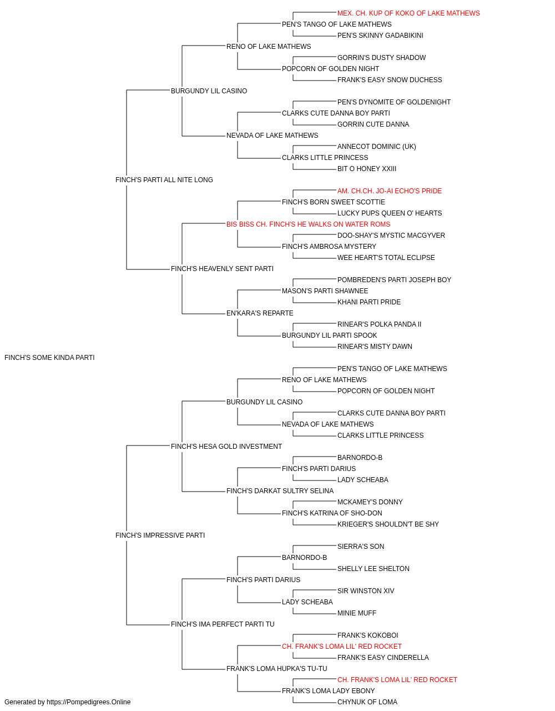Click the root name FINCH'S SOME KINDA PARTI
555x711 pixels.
(x=49, y=357)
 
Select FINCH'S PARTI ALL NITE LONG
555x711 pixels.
(x=164, y=179)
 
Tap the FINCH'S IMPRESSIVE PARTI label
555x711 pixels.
(x=160, y=535)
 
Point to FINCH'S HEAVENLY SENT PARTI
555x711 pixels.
(x=222, y=269)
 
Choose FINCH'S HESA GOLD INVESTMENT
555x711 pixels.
(x=226, y=446)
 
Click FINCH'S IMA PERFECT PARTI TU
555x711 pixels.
(x=223, y=624)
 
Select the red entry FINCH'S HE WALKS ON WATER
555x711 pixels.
(x=308, y=224)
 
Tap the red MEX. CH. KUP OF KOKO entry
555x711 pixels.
(x=408, y=13)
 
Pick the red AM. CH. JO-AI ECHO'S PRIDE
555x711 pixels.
(x=390, y=191)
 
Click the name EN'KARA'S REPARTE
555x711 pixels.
(x=260, y=313)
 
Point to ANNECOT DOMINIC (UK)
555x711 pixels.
(x=376, y=146)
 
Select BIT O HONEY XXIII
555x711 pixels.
(x=367, y=168)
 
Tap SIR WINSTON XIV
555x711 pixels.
(x=366, y=590)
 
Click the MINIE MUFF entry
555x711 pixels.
(x=357, y=613)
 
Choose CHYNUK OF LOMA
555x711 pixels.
(x=367, y=702)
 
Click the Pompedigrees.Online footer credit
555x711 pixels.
(x=67, y=702)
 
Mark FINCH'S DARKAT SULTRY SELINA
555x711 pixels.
(x=280, y=491)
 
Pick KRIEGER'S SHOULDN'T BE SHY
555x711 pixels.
(x=388, y=524)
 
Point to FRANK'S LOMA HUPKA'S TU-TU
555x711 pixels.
(x=276, y=668)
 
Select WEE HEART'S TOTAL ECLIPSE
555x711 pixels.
(x=386, y=258)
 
